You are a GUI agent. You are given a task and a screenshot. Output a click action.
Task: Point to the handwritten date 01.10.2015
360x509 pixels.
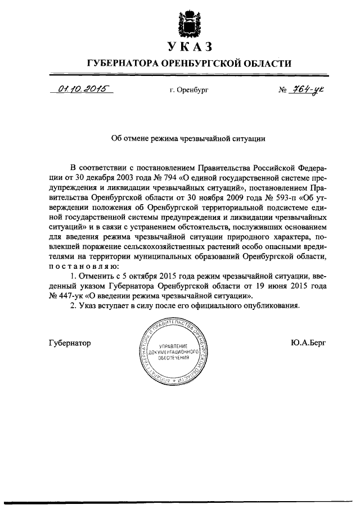80,88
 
